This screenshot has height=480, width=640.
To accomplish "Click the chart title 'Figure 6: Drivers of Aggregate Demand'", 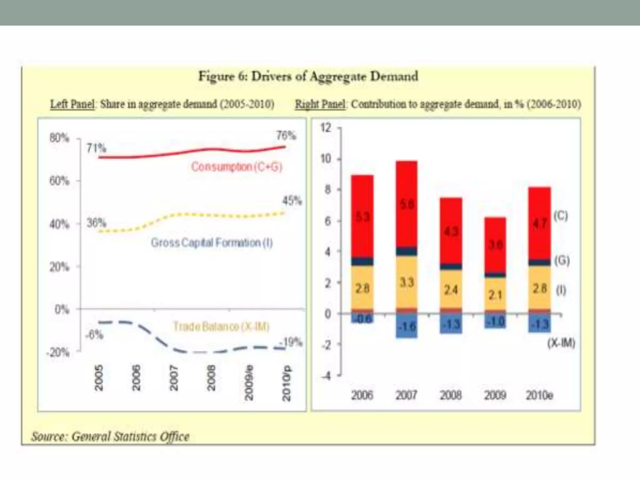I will [x=308, y=76].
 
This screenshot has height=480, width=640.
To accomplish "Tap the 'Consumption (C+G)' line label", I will [x=237, y=167].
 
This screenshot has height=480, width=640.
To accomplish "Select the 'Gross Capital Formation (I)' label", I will [x=212, y=243].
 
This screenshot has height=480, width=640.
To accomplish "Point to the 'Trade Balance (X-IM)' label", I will [x=221, y=327].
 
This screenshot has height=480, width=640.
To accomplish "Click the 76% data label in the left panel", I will [x=286, y=136].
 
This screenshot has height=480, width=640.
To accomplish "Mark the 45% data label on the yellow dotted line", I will [x=292, y=201].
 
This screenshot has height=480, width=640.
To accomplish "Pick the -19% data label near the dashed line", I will [x=291, y=342].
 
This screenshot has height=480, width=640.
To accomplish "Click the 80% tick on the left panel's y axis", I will [x=59, y=138].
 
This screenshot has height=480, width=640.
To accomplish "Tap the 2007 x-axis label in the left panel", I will [x=174, y=378].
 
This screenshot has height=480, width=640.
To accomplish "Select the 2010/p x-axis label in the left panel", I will [x=286, y=383].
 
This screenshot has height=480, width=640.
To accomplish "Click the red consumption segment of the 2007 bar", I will [x=406, y=203].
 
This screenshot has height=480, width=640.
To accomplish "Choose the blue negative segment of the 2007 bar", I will [x=406, y=327].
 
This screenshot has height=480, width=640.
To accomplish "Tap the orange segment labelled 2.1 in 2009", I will [x=495, y=294].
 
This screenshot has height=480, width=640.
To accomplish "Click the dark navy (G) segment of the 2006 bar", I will [x=362, y=261].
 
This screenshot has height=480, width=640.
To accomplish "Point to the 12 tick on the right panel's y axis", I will [x=326, y=128].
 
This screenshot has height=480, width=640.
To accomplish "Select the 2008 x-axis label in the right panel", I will [x=451, y=395].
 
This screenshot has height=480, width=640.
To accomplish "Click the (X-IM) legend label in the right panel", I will [x=561, y=343].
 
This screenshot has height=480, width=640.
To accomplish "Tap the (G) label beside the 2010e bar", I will [x=562, y=260].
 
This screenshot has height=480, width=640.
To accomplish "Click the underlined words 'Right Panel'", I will [x=320, y=104].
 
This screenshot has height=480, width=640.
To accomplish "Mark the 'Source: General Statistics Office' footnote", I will [x=110, y=436].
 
